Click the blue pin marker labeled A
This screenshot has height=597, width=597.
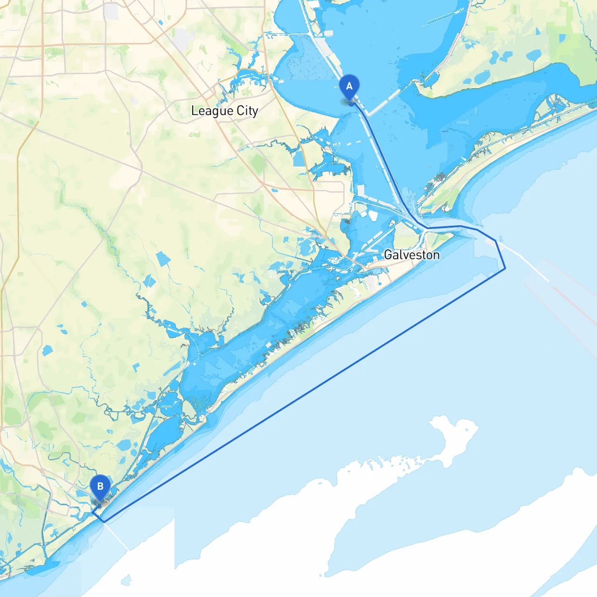click(x=349, y=87)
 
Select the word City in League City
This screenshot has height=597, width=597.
click(x=247, y=111)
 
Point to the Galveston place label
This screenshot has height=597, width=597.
click(x=411, y=255)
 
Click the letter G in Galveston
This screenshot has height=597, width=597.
click(x=388, y=255)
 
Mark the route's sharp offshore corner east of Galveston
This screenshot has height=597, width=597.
click(x=505, y=268)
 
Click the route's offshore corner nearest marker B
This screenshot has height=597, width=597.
click(x=104, y=521)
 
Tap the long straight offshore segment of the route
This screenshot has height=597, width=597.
click(x=303, y=396)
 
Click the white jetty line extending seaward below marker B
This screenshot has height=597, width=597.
click(x=117, y=536)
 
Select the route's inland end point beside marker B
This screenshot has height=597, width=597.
click(x=93, y=512)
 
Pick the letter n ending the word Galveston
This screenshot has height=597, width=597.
click(x=436, y=255)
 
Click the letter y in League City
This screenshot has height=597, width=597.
click(x=255, y=112)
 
